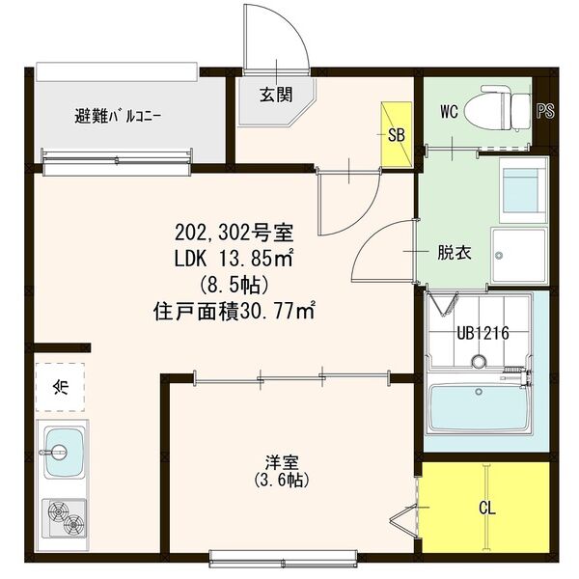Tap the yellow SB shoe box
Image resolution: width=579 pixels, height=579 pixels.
[396, 134]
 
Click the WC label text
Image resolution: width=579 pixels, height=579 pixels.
[448, 112]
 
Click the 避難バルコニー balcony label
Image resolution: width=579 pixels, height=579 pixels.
[119, 118]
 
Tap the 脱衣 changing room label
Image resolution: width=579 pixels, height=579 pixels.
[454, 254]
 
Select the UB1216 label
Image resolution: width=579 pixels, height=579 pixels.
[482, 334]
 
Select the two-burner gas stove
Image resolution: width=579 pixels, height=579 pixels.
[63, 522]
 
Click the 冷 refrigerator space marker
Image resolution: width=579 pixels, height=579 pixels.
[61, 388]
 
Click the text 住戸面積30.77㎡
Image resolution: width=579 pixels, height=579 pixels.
[235, 312]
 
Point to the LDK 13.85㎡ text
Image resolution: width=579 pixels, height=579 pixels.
[234, 259]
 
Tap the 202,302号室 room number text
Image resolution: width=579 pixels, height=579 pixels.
[234, 233]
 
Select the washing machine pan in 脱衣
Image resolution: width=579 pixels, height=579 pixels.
[518, 256]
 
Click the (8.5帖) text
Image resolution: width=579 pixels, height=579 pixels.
[234, 286]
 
